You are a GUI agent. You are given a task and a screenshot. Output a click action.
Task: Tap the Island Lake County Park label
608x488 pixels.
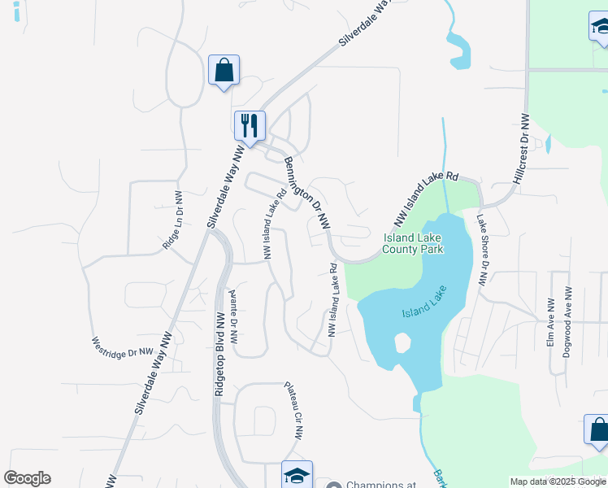(414, 243)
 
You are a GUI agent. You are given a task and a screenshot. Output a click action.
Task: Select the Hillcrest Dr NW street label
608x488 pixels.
(521, 148)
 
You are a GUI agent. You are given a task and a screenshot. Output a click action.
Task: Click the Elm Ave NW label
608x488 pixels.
(550, 327)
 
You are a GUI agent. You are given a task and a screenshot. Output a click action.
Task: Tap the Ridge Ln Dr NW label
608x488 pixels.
(172, 220)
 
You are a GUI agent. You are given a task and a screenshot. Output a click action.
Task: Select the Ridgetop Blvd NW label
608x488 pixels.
(219, 353)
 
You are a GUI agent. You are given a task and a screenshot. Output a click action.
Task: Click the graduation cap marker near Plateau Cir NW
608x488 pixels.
(297, 476)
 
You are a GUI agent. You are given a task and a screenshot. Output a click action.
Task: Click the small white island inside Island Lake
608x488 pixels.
(402, 342)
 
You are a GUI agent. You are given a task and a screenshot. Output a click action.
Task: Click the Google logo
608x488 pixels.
(27, 478)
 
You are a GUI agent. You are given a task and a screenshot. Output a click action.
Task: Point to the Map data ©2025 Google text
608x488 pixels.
(558, 481)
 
